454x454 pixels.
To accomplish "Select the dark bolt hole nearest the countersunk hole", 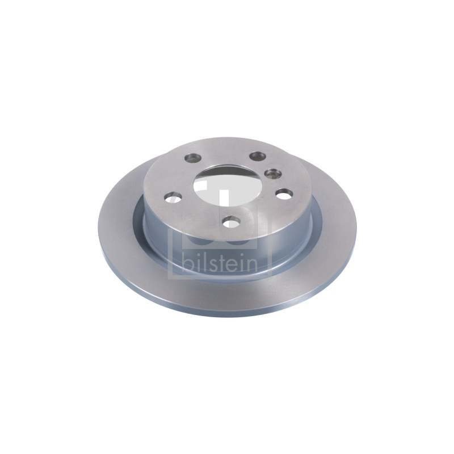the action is point(258,156).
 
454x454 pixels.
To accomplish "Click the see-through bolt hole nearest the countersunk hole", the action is point(283,194).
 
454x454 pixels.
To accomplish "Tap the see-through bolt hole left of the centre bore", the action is point(173,198).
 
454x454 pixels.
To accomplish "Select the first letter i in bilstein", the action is point(196,262).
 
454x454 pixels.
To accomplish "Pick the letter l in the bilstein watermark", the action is point(203,262).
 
